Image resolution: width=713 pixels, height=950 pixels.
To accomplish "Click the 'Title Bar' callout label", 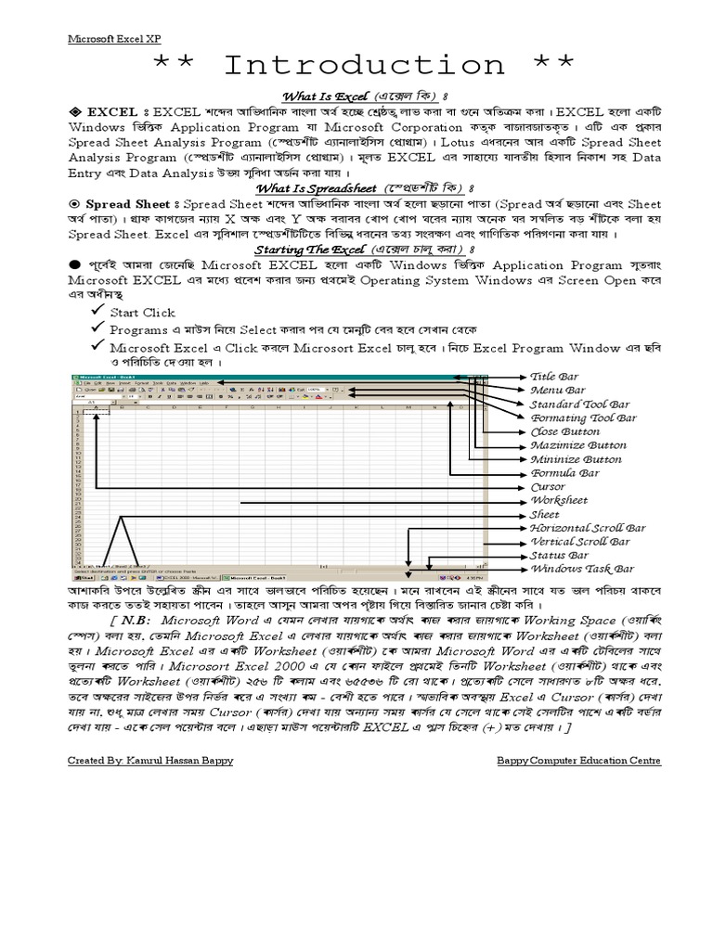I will click(554, 378).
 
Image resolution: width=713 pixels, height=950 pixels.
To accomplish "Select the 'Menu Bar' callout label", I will click(558, 392).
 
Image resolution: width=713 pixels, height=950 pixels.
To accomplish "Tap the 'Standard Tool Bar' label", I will click(579, 404).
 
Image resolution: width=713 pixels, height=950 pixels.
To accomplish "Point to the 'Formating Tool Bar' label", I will click(583, 418).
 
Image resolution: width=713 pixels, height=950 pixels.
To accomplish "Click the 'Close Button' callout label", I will click(564, 431).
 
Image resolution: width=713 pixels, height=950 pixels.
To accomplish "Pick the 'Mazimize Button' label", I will click(577, 445).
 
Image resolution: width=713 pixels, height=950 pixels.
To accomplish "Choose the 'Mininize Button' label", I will click(576, 459).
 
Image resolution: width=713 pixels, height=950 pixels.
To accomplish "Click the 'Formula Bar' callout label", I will click(564, 473).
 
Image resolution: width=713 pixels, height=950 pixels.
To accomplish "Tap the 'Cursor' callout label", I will click(547, 487).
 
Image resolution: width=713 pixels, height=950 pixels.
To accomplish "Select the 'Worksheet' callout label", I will click(558, 500).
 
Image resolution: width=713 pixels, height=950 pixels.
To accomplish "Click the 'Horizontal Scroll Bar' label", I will click(587, 528).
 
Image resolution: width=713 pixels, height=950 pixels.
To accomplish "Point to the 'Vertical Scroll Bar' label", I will click(579, 542).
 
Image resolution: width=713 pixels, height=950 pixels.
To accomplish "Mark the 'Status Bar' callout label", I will click(559, 556).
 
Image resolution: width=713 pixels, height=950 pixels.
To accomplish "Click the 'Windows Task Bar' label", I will click(582, 569).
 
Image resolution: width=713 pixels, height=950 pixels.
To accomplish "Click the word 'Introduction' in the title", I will click(363, 66).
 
